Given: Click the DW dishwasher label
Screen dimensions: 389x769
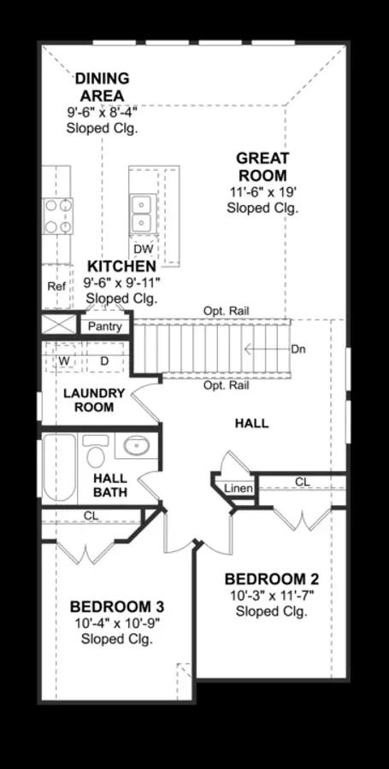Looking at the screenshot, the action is [144, 249].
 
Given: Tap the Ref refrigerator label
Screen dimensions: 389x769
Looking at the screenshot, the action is [56, 286].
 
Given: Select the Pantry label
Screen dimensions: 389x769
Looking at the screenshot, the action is [104, 326].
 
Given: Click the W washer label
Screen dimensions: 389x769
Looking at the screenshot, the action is [64, 361].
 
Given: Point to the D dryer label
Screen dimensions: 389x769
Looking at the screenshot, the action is [104, 361].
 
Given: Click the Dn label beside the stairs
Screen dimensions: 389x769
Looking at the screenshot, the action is [298, 349].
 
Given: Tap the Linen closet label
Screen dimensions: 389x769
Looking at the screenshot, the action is [239, 489].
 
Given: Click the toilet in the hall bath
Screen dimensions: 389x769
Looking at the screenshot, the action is [96, 451].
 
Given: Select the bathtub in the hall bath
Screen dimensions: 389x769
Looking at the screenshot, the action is [59, 467].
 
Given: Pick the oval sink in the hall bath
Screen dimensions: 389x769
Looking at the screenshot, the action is [137, 445].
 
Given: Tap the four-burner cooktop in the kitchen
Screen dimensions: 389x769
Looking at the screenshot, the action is [58, 216].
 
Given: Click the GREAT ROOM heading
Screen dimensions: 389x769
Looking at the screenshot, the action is [262, 167].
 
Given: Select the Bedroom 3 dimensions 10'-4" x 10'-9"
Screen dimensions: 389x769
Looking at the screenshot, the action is [117, 624].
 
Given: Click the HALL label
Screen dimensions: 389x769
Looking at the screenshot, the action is [251, 423].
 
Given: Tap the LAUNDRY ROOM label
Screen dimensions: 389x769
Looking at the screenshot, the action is [94, 400].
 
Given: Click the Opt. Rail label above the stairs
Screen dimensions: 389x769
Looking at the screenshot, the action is [227, 311].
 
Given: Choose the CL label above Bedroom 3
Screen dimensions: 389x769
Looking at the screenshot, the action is [91, 516].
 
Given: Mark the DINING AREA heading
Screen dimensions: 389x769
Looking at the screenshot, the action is [102, 86].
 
